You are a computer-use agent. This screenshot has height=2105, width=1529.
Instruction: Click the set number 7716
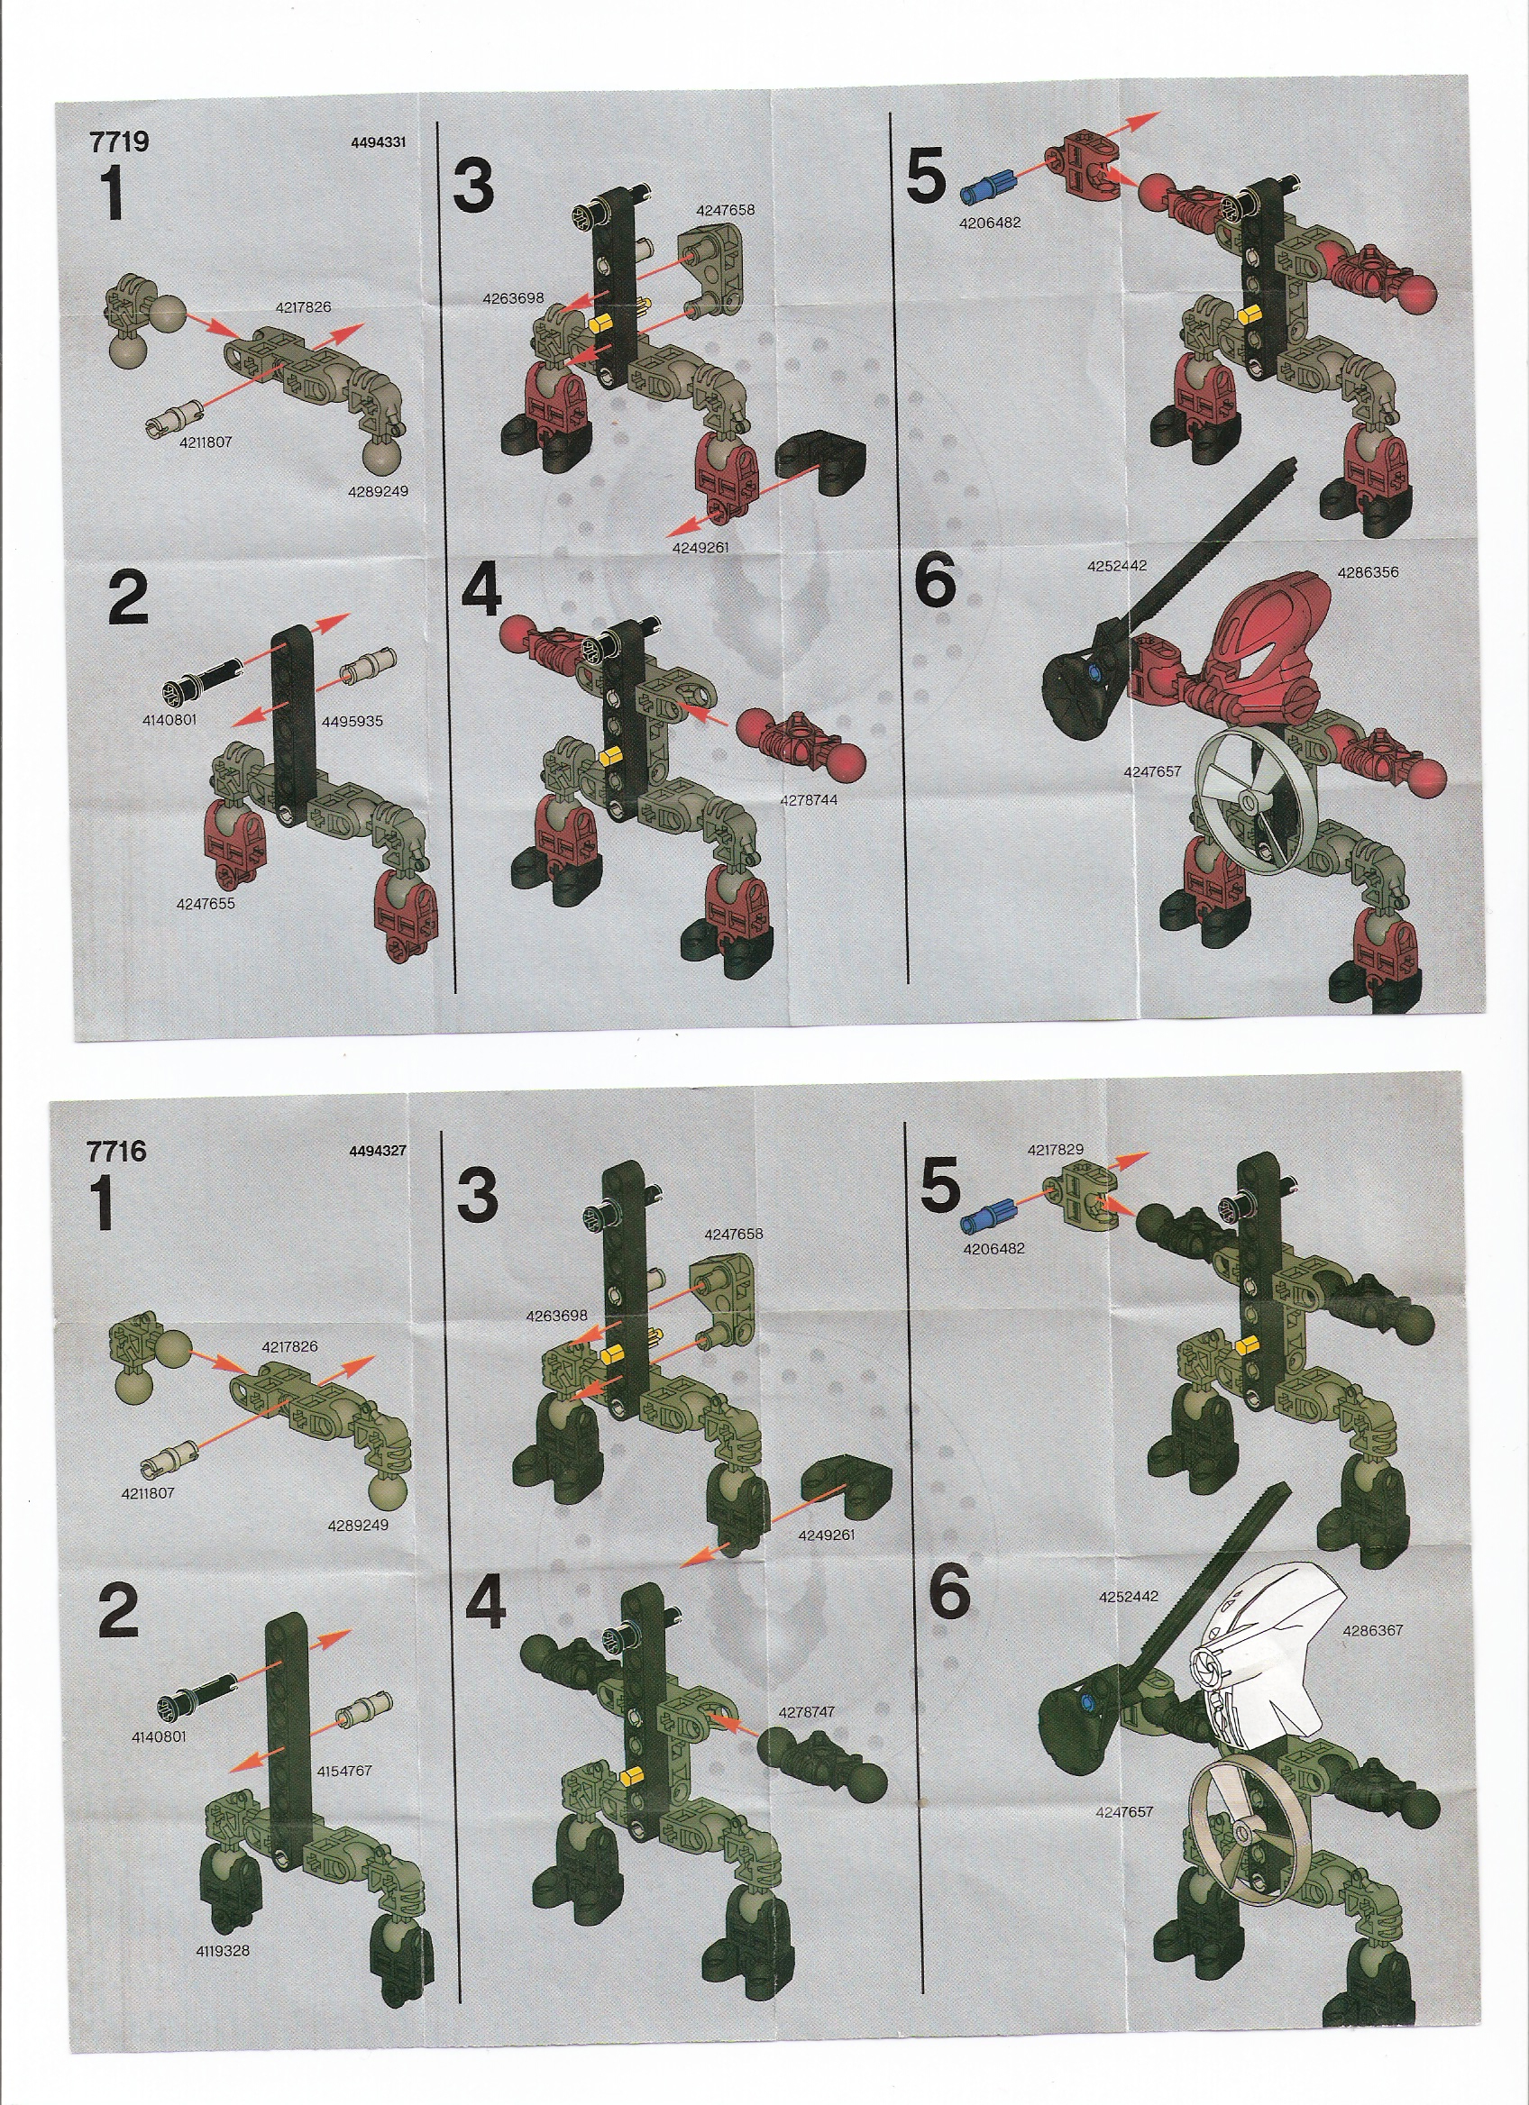point(116,1151)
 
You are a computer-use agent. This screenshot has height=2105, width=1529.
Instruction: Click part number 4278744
point(809,799)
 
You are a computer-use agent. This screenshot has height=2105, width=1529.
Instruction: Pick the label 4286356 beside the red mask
point(1368,572)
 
